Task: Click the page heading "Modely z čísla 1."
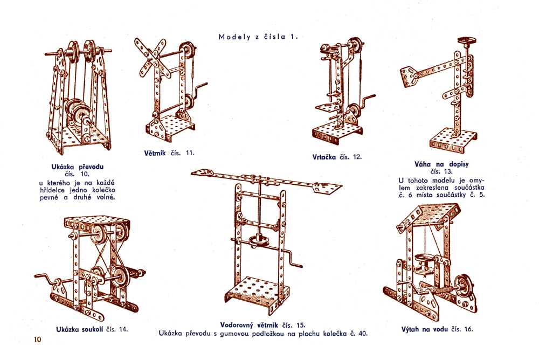coord(258,37)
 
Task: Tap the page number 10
coord(37,340)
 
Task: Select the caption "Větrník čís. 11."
coord(169,153)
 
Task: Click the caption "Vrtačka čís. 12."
coord(337,157)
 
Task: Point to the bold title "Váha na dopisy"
coord(442,164)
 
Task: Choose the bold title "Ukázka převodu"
coord(77,167)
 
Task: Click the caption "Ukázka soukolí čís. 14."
coord(92,329)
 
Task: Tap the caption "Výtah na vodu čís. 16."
coord(437,329)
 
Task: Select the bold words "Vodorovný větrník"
coord(249,325)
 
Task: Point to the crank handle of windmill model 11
coord(199,91)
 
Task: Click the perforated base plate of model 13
coord(453,141)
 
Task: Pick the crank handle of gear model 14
coord(45,278)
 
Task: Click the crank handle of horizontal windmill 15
coord(292,259)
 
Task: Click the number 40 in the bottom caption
coord(363,333)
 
